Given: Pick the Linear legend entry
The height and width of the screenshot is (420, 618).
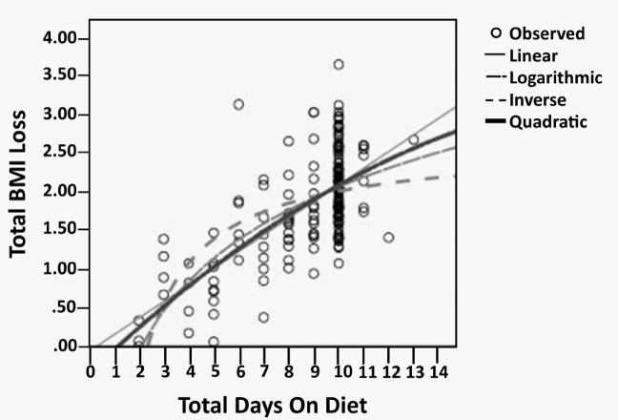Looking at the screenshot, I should pyautogui.click(x=533, y=55).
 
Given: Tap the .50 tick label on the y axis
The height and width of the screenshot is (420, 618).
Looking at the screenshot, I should pyautogui.click(x=67, y=307).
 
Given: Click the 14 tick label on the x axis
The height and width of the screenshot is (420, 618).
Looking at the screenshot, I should pyautogui.click(x=438, y=370).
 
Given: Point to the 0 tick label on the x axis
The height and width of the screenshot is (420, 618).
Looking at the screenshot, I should pyautogui.click(x=91, y=370).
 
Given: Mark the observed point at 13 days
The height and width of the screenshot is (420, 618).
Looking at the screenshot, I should pyautogui.click(x=413, y=140).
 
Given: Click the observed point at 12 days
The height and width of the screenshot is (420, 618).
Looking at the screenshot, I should pyautogui.click(x=388, y=237).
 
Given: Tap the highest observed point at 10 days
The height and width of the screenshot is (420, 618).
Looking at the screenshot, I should pyautogui.click(x=339, y=65).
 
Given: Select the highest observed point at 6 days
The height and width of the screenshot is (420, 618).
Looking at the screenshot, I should pyautogui.click(x=238, y=104).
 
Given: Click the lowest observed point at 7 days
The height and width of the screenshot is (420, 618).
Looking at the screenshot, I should pyautogui.click(x=263, y=317).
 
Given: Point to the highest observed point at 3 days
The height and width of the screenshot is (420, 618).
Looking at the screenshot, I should pyautogui.click(x=164, y=239).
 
